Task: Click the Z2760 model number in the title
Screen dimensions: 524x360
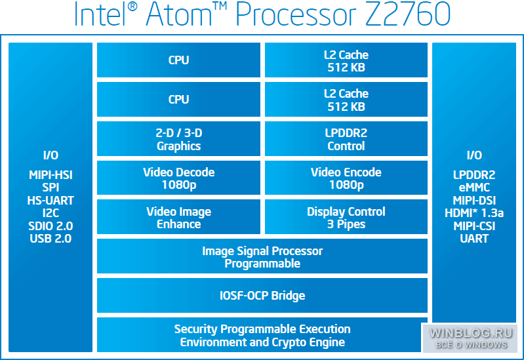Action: pos(407,14)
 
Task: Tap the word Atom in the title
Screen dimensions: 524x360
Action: pos(179,14)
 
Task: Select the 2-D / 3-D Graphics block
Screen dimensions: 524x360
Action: pos(178,139)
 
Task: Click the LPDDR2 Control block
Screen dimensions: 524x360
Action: pos(346,139)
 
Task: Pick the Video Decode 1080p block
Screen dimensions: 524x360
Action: pos(178,178)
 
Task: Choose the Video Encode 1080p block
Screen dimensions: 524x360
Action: pos(346,178)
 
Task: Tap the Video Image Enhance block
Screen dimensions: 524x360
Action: pos(178,217)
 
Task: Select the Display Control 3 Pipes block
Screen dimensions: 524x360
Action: pos(346,217)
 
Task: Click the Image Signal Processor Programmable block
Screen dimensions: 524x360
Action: pos(262,256)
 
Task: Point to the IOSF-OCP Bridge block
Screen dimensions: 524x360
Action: pos(262,295)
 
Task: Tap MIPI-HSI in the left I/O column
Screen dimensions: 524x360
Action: pos(50,175)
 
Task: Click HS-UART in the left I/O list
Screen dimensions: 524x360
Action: pos(50,200)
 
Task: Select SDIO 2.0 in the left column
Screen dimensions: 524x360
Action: pos(50,226)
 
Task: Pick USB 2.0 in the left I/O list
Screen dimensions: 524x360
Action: pos(50,238)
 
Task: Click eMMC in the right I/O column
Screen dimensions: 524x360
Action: pos(474,187)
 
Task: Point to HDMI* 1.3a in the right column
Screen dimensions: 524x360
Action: pos(474,213)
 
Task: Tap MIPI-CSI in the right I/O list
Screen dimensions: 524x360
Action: pos(474,226)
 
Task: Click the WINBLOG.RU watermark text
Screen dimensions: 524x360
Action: pos(471,333)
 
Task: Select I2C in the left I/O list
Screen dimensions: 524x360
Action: pos(50,213)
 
